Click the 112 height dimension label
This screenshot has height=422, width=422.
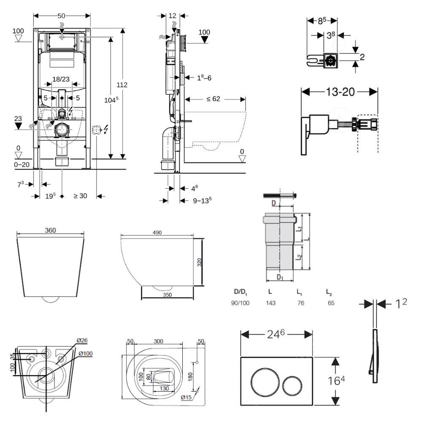click(x=122, y=85)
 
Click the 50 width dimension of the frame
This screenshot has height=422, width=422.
click(x=62, y=16)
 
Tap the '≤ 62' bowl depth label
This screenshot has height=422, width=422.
click(x=214, y=99)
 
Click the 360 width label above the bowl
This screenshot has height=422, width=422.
click(x=51, y=230)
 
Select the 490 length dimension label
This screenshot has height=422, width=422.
click(x=157, y=233)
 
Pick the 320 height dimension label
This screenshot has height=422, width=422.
click(x=199, y=262)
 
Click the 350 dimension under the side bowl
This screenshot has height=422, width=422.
click(x=167, y=295)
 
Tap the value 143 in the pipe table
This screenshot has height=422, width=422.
click(x=271, y=303)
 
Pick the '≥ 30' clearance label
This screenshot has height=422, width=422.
click(x=80, y=196)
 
